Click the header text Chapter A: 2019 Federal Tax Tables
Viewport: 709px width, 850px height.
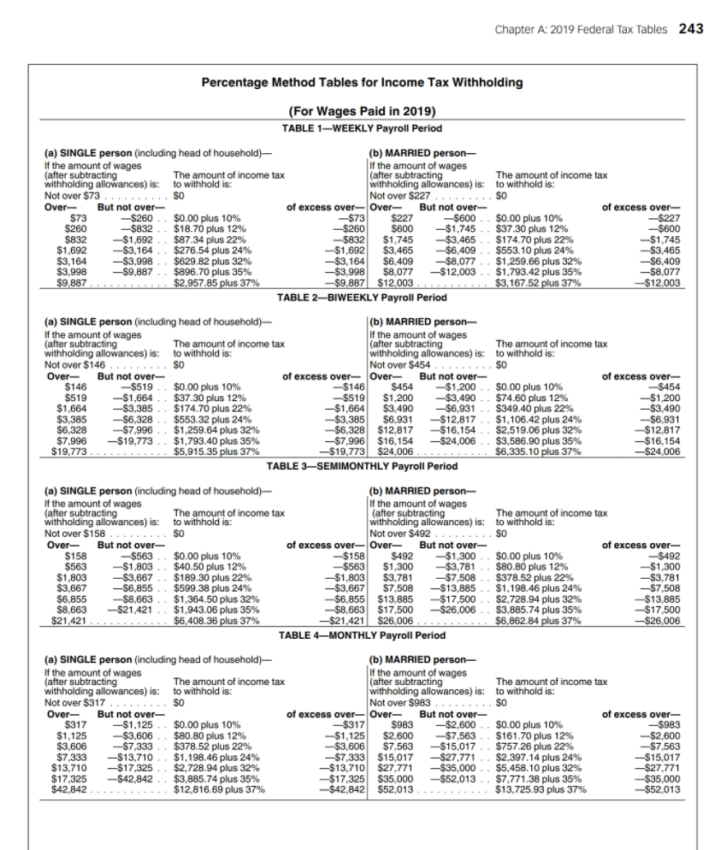(x=583, y=29)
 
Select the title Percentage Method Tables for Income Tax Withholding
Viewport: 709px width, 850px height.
(x=362, y=83)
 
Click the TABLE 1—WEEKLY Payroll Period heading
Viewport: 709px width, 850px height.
(x=362, y=127)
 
